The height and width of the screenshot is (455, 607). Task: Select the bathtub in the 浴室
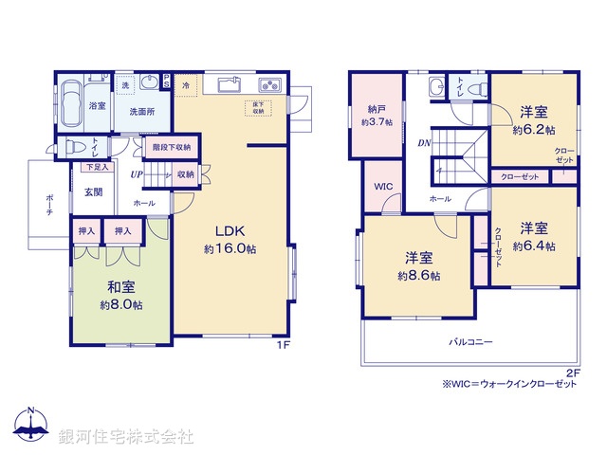(x=71, y=105)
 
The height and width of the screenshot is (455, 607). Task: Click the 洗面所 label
(x=142, y=111)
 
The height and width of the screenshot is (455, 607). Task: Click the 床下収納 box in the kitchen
(x=257, y=106)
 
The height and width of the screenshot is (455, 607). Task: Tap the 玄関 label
(x=94, y=192)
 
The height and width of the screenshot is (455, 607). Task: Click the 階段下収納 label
(x=172, y=147)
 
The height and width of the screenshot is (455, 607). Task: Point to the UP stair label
(x=138, y=174)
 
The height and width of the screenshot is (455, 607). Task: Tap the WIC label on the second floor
(x=382, y=187)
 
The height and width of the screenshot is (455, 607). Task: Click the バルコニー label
(x=470, y=341)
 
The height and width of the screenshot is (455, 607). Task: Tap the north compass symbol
(x=30, y=426)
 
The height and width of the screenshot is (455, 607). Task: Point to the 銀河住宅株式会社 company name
(x=126, y=437)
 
